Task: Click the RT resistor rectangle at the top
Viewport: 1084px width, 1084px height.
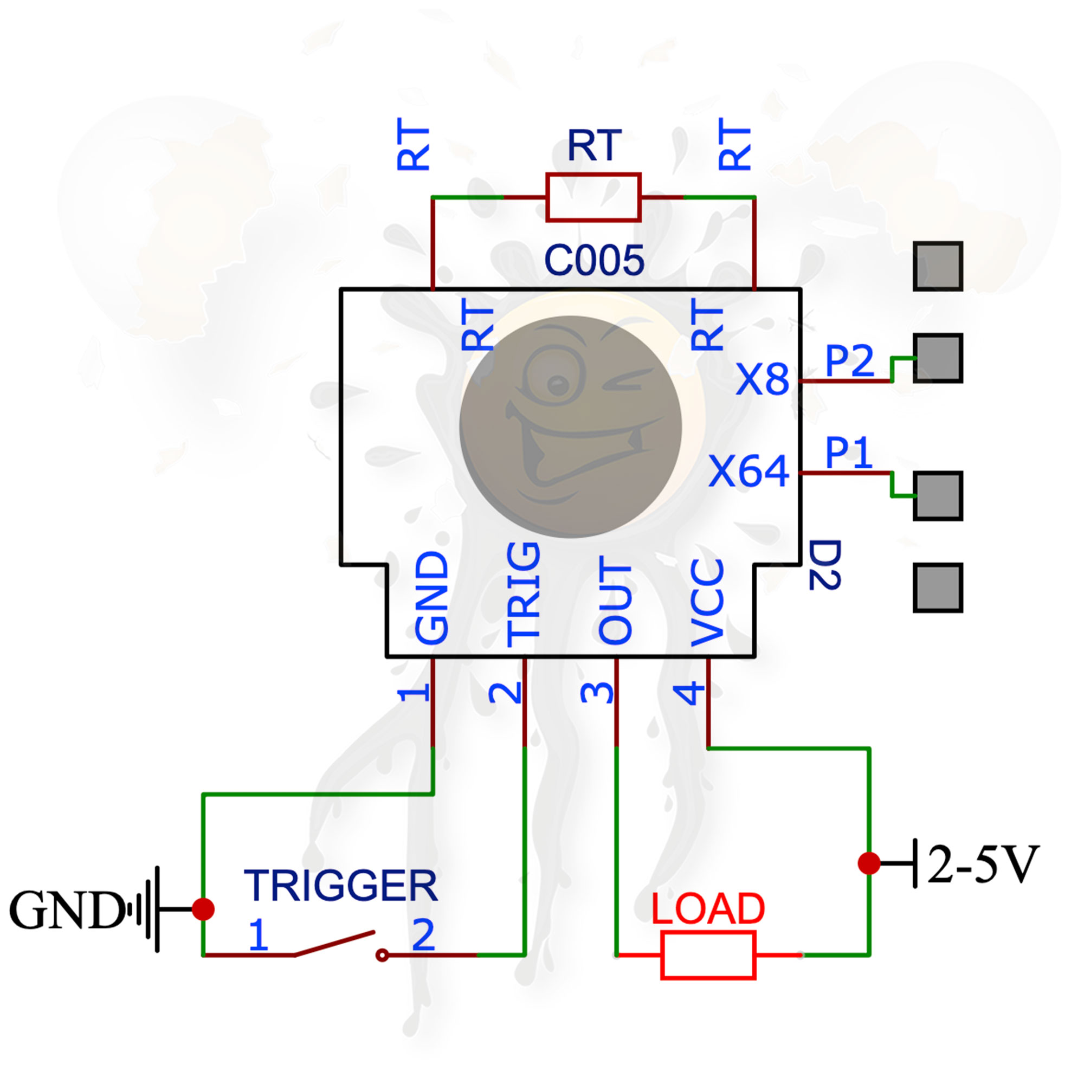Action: [593, 197]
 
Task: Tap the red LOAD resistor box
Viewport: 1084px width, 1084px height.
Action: [708, 955]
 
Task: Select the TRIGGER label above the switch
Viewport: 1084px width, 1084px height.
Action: [340, 886]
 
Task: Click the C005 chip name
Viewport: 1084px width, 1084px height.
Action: [594, 260]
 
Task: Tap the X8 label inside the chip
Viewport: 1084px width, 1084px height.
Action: [762, 379]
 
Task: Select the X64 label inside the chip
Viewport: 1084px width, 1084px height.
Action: [749, 471]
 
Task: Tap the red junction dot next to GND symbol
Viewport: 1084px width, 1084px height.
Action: [203, 908]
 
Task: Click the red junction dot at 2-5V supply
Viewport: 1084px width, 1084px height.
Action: [869, 863]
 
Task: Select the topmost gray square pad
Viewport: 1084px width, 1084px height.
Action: [938, 267]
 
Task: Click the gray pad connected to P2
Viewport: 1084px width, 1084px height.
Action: [938, 358]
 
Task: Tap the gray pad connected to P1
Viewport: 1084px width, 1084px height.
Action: [938, 495]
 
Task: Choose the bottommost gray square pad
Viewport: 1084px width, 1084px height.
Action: [938, 588]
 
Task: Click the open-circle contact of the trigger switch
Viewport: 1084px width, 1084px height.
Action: [382, 955]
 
